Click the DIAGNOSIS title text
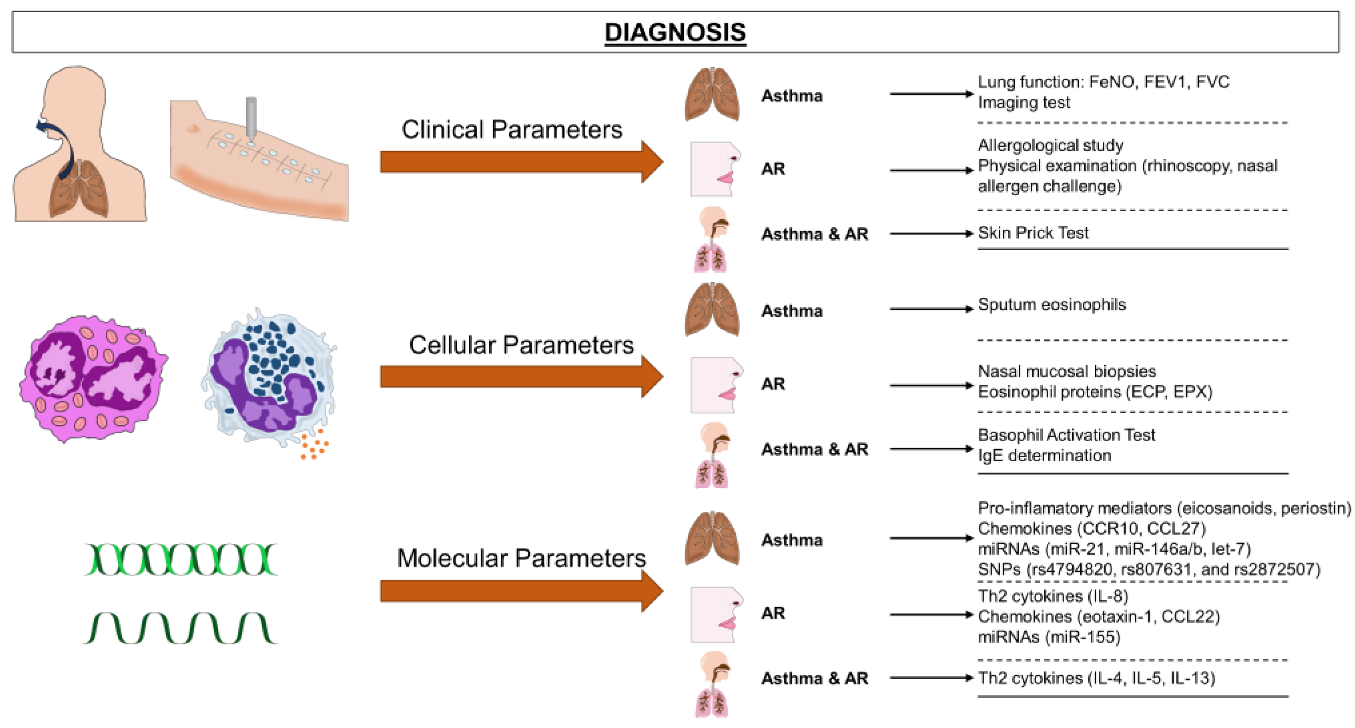point(675,32)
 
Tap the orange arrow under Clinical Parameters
point(521,161)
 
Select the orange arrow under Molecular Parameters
point(521,591)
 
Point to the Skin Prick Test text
point(1033,233)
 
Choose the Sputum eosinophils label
point(1051,304)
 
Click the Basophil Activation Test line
point(1066,435)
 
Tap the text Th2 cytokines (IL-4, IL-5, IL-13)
point(1096,678)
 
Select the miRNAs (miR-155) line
point(1049,637)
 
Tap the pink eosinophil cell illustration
point(94,378)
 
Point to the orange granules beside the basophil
point(315,444)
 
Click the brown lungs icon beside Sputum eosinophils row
point(712,310)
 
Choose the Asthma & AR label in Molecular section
point(814,679)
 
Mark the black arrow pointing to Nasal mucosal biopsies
point(931,386)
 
